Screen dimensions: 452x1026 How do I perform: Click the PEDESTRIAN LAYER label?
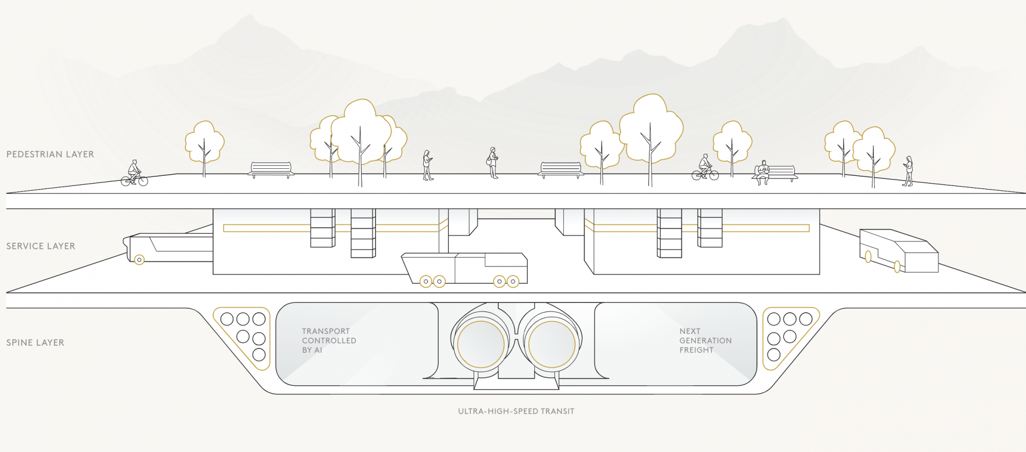pos(50,154)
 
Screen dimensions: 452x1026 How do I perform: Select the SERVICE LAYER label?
pos(41,246)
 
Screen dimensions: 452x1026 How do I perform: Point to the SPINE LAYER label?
pos(35,342)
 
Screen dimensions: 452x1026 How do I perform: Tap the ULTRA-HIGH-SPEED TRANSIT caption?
pos(516,411)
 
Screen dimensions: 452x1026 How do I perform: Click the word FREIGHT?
pos(696,350)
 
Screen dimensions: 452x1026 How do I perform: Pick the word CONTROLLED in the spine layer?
pos(329,340)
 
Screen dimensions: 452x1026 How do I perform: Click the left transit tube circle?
pos(481,345)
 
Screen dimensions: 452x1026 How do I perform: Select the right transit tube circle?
pos(551,345)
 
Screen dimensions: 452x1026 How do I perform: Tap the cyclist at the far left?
pos(134,173)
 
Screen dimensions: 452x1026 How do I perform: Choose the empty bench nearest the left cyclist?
pos(271,170)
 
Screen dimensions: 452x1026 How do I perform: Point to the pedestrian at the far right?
pos(908,171)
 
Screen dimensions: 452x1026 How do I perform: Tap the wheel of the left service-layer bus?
pos(139,260)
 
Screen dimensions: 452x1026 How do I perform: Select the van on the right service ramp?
pos(898,251)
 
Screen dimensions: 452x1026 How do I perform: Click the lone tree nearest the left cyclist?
pos(204,143)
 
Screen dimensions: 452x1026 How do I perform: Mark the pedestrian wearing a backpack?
pos(492,162)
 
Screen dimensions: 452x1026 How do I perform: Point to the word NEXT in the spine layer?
pos(690,331)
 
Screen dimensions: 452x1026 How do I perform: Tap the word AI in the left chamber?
pos(318,350)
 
